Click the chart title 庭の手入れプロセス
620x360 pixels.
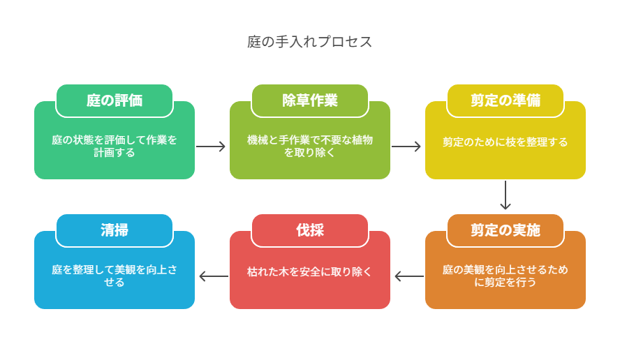(x=309, y=41)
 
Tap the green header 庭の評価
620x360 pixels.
(x=115, y=100)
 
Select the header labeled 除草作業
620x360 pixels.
(x=309, y=100)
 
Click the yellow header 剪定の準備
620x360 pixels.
(x=505, y=100)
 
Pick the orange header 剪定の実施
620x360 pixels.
(x=505, y=230)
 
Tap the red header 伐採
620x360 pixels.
(x=309, y=230)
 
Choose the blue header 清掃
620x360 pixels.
(x=115, y=230)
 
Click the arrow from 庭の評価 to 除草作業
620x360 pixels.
(x=211, y=147)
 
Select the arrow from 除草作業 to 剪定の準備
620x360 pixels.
(x=406, y=147)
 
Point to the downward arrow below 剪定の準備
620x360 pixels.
(x=505, y=195)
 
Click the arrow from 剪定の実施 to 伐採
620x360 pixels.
(x=409, y=276)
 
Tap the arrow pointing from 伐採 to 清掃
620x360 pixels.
(x=214, y=276)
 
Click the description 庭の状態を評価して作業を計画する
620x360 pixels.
(x=115, y=147)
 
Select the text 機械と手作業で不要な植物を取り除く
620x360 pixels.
(x=309, y=147)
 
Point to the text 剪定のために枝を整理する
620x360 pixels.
(x=505, y=142)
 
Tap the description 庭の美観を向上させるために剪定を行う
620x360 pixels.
(x=505, y=276)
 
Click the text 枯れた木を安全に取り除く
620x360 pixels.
(x=309, y=272)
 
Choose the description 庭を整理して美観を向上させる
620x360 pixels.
(x=115, y=276)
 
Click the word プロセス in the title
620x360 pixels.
(x=345, y=41)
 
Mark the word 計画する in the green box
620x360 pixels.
(x=115, y=153)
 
